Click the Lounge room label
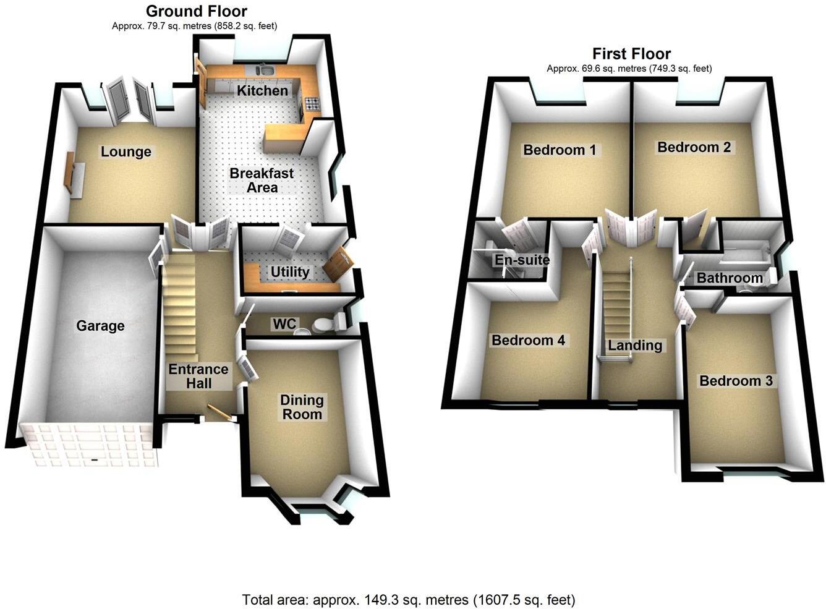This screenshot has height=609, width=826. click(126, 152)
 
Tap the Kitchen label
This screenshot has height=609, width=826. click(263, 91)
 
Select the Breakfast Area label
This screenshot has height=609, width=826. click(262, 181)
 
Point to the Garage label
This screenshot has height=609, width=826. click(100, 326)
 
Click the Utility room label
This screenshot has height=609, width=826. click(290, 272)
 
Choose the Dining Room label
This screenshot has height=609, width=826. click(302, 407)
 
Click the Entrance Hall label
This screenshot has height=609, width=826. click(198, 377)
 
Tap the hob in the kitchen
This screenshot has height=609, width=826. click(311, 104)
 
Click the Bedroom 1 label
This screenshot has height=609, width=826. click(560, 150)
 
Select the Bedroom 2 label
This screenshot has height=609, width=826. click(694, 147)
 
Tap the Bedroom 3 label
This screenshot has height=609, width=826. click(736, 381)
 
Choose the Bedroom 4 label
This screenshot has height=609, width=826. click(528, 340)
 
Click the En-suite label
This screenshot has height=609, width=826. click(522, 260)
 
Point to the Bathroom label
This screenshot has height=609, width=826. click(730, 278)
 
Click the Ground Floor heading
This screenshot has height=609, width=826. click(197, 11)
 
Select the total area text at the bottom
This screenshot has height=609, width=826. click(409, 599)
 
